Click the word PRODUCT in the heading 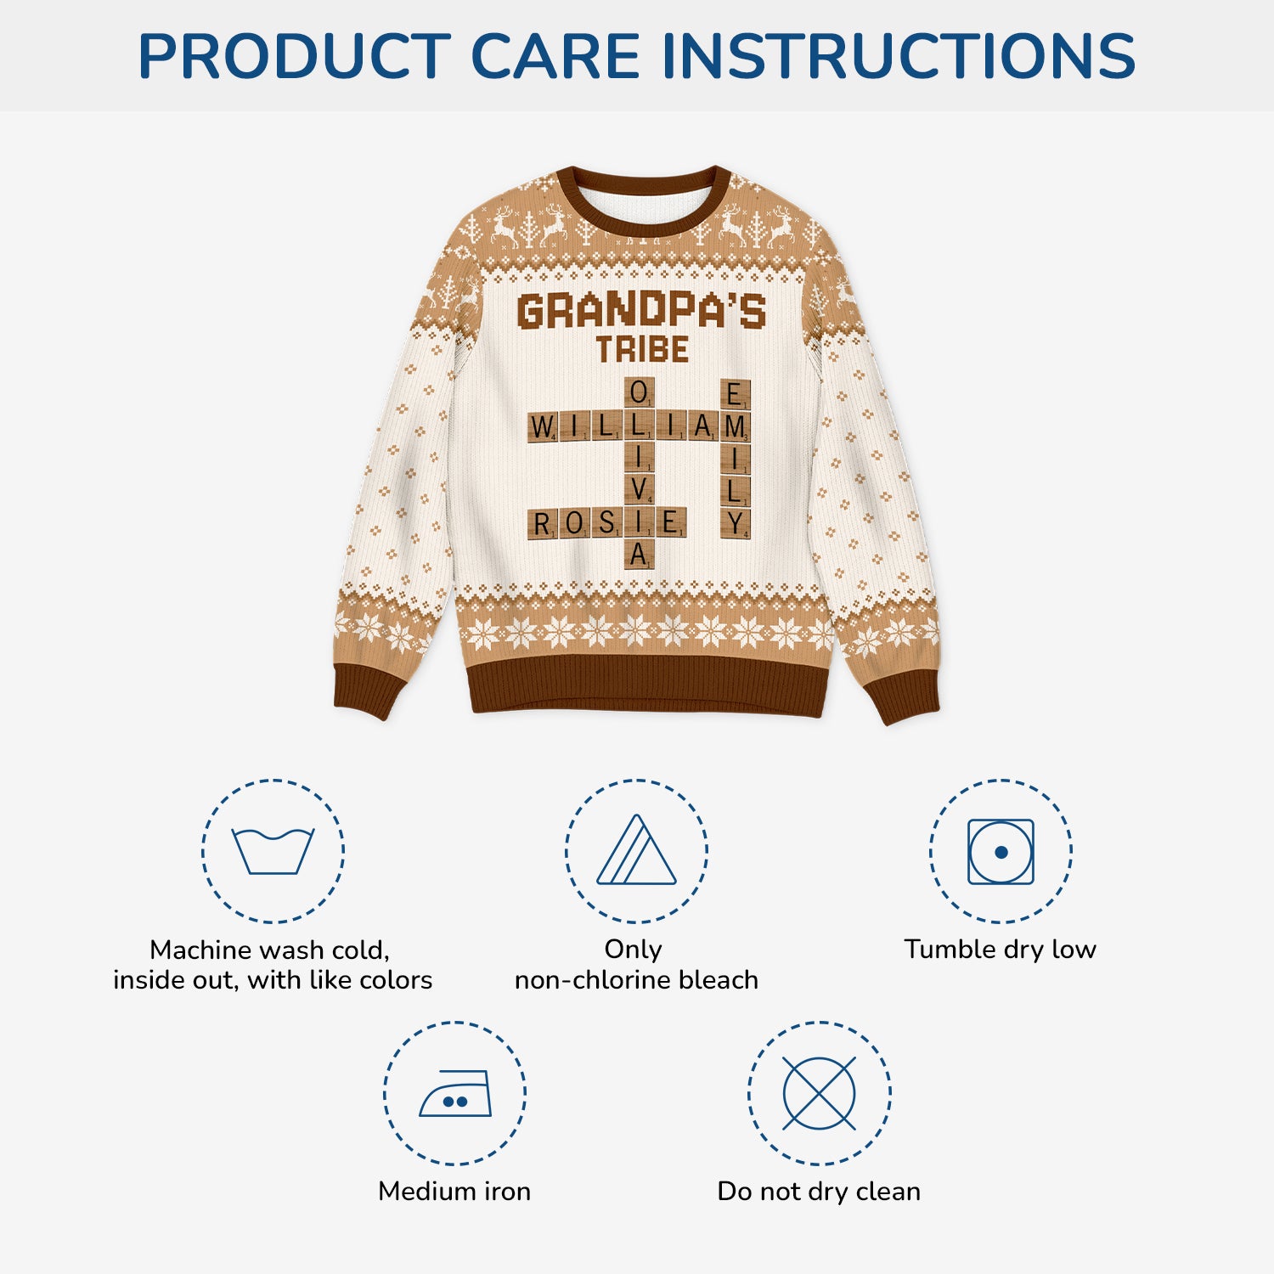(x=293, y=56)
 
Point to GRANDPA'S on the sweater (x=641, y=311)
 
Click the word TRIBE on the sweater (x=641, y=349)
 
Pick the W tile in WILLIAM (x=542, y=426)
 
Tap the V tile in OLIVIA (x=639, y=491)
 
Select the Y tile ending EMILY (x=736, y=523)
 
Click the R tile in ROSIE (x=542, y=523)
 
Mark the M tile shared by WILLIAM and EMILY (x=736, y=426)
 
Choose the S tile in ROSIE (x=606, y=523)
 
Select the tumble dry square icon (x=1001, y=851)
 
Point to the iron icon (x=455, y=1093)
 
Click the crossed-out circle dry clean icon (x=819, y=1093)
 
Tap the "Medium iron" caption (x=454, y=1191)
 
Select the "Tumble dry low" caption (x=1000, y=949)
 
